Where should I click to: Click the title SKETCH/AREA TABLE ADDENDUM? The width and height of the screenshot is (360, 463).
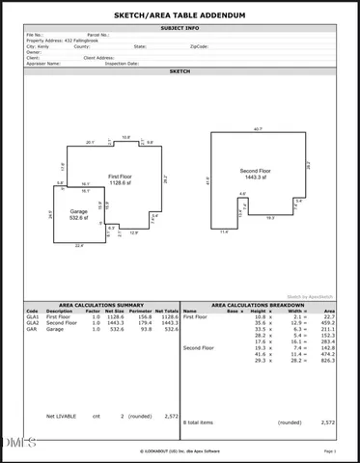[180, 16]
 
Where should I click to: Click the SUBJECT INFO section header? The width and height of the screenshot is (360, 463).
[180, 29]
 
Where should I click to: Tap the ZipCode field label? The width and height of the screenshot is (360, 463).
[198, 45]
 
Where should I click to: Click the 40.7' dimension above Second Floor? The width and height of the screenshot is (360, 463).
[258, 128]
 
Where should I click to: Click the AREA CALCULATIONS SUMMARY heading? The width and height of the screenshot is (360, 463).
[99, 304]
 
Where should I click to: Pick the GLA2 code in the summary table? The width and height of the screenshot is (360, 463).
[33, 323]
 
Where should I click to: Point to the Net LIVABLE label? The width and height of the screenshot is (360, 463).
[61, 416]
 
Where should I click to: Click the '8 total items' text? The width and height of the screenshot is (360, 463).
[199, 422]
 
